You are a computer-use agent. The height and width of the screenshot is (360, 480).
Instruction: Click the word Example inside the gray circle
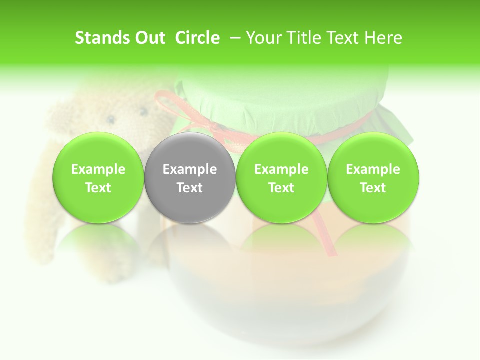pos(190,169)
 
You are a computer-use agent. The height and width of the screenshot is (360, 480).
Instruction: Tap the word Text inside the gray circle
pos(190,188)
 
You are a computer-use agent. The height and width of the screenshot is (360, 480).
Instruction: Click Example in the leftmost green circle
pos(98,169)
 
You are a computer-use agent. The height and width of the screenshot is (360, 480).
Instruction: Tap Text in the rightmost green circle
pos(373,188)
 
